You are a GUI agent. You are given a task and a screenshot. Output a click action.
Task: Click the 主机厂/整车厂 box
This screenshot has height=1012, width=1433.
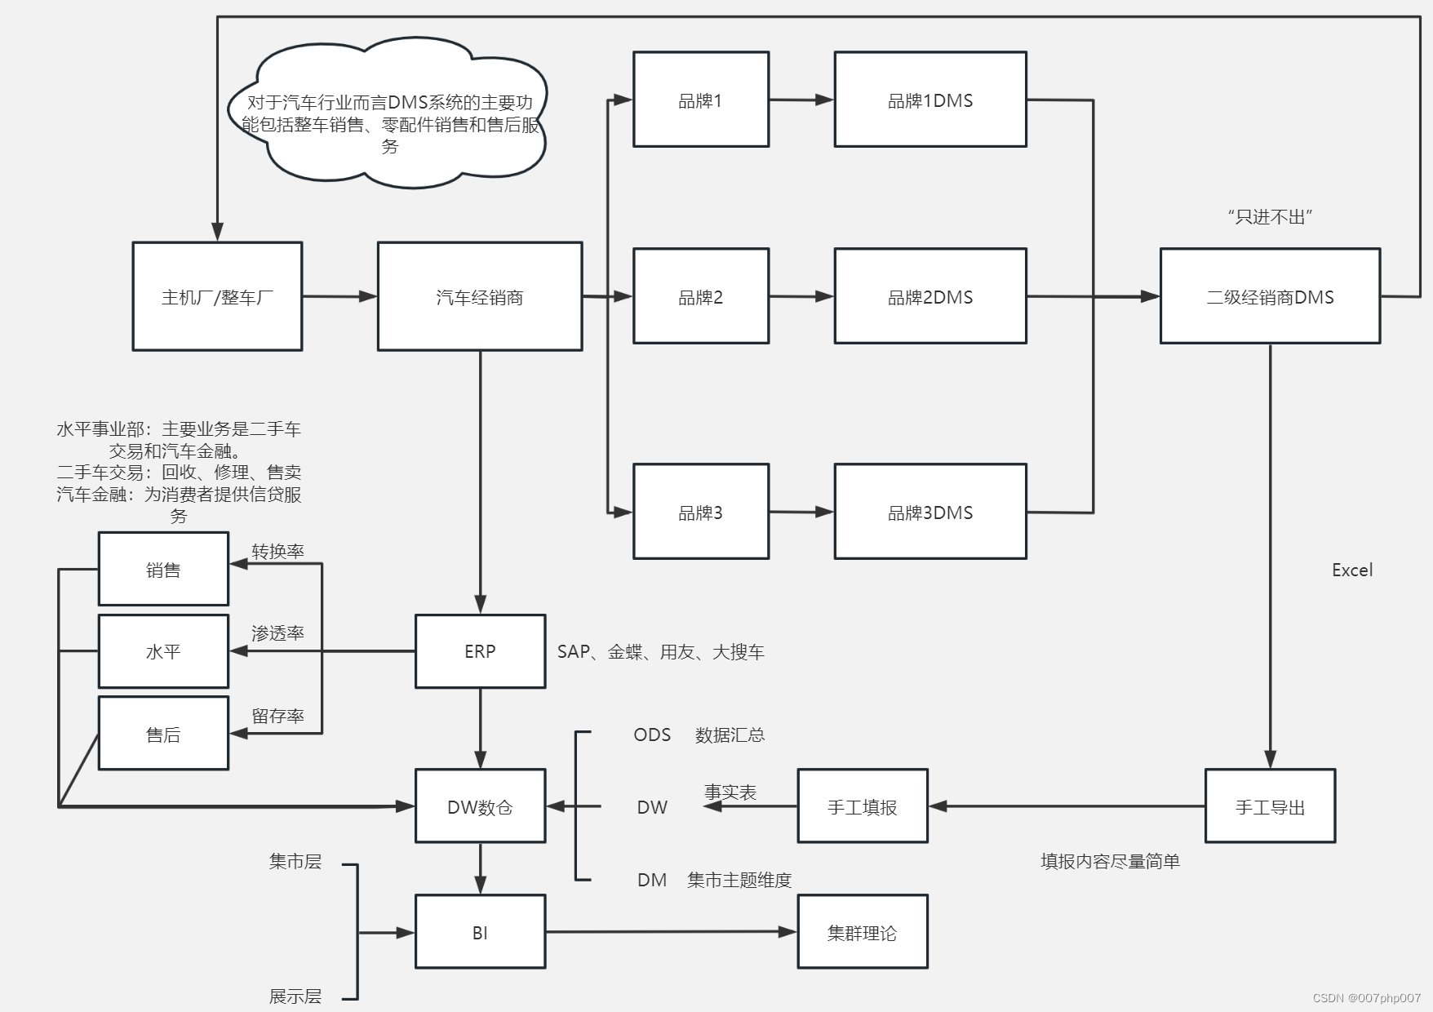click(217, 296)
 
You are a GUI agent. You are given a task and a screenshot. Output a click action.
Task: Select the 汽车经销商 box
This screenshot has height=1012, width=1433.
click(480, 296)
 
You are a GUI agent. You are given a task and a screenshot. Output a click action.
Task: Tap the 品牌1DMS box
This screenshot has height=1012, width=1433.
click(929, 100)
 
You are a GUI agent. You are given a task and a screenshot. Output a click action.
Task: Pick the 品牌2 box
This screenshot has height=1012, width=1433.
click(701, 296)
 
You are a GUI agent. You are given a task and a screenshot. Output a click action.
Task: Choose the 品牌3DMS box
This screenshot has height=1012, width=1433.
click(929, 512)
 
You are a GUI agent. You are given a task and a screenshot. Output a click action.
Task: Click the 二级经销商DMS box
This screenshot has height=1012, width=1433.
click(1270, 296)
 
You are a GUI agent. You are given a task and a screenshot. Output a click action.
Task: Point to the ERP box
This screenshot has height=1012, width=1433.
click(480, 651)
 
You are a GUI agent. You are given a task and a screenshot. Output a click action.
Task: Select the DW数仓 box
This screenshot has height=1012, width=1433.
click(480, 806)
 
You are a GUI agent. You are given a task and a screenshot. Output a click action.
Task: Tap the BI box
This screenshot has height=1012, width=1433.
click(480, 932)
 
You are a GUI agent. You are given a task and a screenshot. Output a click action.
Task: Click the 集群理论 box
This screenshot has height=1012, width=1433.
click(863, 932)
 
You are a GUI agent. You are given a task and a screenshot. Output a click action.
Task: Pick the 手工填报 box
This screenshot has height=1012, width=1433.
click(863, 806)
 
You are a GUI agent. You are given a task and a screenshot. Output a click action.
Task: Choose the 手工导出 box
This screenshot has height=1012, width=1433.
click(1270, 806)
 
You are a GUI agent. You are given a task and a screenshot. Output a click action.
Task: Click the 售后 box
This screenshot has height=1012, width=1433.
click(163, 734)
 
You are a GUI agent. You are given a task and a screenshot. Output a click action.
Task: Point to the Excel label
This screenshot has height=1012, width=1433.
click(1351, 570)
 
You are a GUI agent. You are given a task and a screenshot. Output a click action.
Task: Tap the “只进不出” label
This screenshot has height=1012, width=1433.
click(1270, 216)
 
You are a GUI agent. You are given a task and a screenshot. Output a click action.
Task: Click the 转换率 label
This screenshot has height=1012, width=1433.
click(277, 551)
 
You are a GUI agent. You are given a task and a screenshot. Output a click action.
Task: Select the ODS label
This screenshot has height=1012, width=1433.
click(652, 735)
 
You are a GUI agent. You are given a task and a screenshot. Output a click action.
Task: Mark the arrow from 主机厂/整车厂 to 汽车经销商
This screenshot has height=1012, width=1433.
click(339, 296)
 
